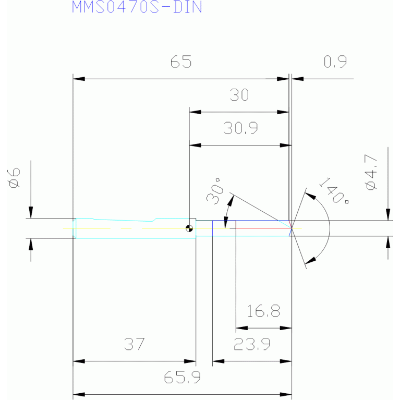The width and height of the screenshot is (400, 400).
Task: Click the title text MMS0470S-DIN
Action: click(x=137, y=7)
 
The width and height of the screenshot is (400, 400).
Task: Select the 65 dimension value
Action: click(x=181, y=62)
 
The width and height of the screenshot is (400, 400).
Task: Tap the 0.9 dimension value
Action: click(x=335, y=62)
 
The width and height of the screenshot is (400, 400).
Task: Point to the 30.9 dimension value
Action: click(x=240, y=128)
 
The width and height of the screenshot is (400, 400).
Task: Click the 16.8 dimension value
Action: click(x=263, y=311)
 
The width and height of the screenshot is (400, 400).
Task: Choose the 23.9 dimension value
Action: click(x=252, y=344)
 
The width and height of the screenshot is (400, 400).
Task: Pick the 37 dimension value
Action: click(x=135, y=344)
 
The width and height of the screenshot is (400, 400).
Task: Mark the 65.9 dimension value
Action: click(x=182, y=377)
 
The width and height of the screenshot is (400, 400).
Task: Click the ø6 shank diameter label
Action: click(x=14, y=177)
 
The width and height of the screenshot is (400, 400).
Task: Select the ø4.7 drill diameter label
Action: click(x=371, y=172)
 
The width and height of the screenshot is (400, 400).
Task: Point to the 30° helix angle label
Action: click(x=215, y=191)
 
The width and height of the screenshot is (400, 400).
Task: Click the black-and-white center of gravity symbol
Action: click(x=189, y=228)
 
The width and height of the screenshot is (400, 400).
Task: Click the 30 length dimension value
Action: click(x=239, y=94)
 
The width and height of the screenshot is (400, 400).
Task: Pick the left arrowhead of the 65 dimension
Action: click(x=79, y=79)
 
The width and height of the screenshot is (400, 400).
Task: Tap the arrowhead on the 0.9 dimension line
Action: click(x=297, y=79)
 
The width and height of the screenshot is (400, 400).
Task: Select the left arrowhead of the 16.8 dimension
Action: click(x=242, y=328)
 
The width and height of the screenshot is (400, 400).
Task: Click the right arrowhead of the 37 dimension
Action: click(x=190, y=361)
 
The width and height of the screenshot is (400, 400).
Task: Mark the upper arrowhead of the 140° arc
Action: click(x=310, y=196)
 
